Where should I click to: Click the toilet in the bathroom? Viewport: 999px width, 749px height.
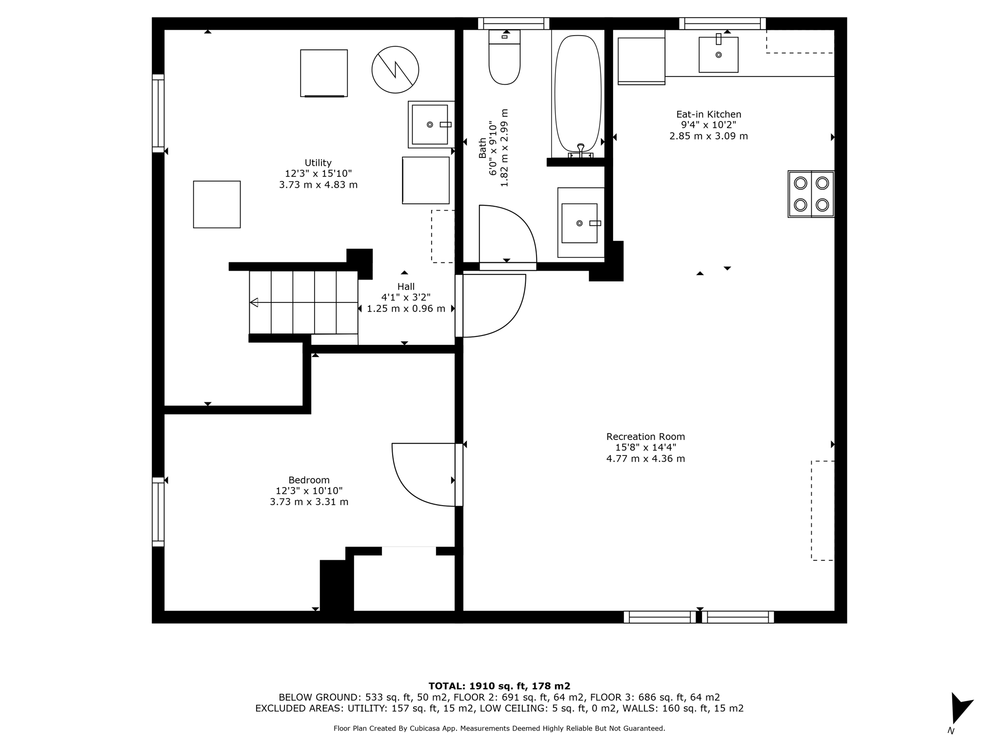tap(504, 61)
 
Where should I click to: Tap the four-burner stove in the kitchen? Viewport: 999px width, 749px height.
tap(811, 194)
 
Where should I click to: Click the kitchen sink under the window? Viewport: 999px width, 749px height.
tap(718, 55)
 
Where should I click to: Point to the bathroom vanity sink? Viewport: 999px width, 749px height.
tap(579, 223)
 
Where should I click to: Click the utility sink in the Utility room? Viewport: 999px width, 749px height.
tap(430, 124)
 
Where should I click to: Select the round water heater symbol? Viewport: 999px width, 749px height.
tap(395, 70)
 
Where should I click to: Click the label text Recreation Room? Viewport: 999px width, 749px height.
tap(645, 437)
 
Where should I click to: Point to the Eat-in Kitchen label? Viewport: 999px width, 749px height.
tap(708, 115)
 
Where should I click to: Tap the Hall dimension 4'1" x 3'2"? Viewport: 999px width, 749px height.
tap(406, 297)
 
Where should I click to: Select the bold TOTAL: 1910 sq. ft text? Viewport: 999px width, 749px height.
tap(499, 686)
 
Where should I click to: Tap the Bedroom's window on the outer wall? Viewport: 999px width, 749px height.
tap(158, 512)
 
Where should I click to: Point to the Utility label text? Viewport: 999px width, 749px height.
tap(318, 163)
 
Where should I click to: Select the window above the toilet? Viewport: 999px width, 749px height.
tap(514, 23)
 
